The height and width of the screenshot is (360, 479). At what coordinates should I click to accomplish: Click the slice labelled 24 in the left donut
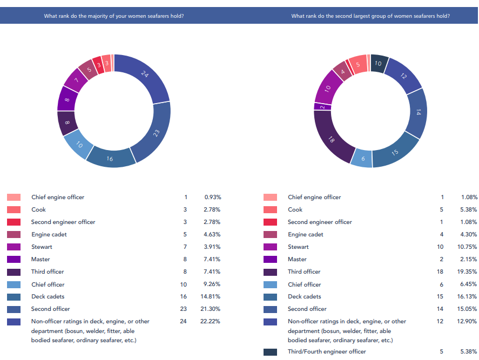[x=145, y=75]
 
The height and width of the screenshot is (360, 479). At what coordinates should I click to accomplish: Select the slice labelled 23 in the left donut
[x=156, y=132]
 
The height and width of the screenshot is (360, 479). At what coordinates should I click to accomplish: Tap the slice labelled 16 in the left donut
[x=110, y=159]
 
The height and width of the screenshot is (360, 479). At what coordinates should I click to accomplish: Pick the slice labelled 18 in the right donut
[x=331, y=139]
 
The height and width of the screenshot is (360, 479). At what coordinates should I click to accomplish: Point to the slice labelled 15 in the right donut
[x=395, y=153]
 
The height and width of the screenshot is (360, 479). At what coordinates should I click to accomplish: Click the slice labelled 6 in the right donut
[x=362, y=158]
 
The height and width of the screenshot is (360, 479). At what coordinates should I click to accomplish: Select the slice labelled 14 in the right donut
[x=417, y=112]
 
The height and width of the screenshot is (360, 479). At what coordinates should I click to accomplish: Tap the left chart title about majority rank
[x=113, y=16]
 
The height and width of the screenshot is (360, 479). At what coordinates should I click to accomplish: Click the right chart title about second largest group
[x=370, y=16]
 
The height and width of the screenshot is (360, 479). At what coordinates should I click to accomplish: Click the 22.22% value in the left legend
[x=212, y=321]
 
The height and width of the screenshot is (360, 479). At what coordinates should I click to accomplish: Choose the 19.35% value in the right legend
[x=468, y=271]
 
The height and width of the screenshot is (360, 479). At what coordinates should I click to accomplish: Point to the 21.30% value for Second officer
[x=212, y=309]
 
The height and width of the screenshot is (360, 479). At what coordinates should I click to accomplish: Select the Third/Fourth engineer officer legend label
[x=327, y=351]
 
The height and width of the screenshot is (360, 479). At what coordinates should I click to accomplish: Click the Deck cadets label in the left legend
[x=48, y=296]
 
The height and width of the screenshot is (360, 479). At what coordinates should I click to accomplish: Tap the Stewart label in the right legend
[x=298, y=247]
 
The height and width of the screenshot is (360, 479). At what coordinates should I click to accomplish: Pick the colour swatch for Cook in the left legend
[x=14, y=209]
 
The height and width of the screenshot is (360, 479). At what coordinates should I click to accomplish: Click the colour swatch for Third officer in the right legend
[x=271, y=271]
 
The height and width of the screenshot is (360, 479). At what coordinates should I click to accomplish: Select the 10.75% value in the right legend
[x=468, y=247]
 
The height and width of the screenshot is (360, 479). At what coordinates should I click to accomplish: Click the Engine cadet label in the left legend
[x=49, y=234]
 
